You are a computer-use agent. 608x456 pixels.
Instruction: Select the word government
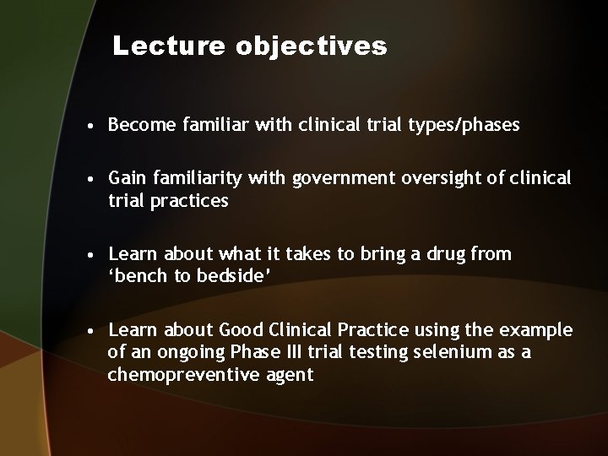point(338,178)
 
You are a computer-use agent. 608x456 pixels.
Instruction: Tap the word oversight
point(424,178)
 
